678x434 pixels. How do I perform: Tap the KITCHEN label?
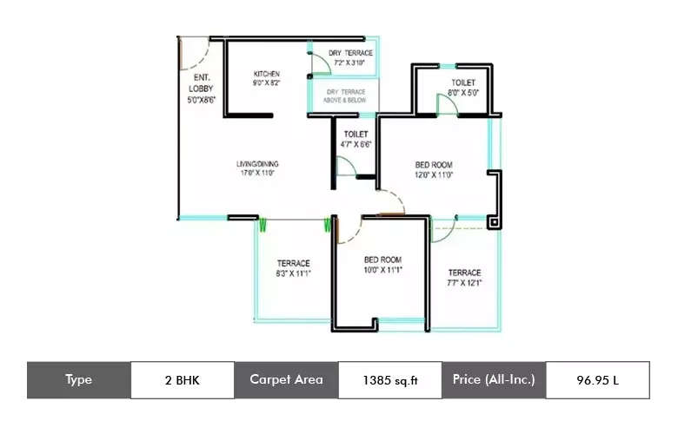tap(266, 78)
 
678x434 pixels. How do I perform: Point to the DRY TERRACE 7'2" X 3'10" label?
tap(351, 58)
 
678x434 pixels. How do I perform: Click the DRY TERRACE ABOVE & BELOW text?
tap(346, 95)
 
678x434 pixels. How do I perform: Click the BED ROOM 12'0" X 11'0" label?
tap(433, 169)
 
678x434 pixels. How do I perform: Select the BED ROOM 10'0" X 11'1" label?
tap(382, 265)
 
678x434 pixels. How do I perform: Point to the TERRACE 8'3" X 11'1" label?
tap(293, 268)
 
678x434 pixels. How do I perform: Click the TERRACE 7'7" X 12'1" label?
tap(464, 278)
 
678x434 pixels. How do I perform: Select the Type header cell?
tap(78, 379)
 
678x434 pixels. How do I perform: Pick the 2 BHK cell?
tap(182, 379)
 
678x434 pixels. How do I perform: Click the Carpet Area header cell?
tap(286, 379)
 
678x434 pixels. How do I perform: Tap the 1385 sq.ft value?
tap(389, 379)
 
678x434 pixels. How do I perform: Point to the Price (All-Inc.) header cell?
tap(493, 379)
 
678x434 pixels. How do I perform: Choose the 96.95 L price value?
tap(596, 379)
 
